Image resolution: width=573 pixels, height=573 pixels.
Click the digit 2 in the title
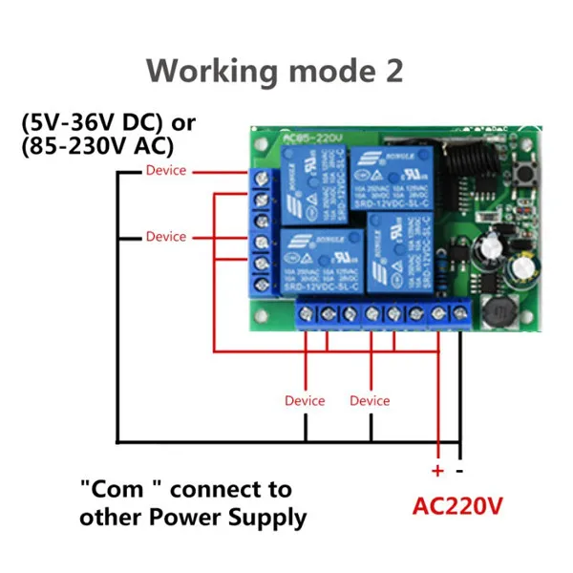point(392,71)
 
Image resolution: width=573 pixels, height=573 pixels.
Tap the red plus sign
point(437,471)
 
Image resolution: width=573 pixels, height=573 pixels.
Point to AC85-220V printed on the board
point(310,139)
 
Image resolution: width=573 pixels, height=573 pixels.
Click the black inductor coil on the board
point(498,315)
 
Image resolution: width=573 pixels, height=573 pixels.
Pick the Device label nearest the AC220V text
point(370,401)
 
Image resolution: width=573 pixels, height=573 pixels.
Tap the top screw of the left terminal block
point(260,177)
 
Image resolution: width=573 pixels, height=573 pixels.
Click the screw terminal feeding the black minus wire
point(459,312)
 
